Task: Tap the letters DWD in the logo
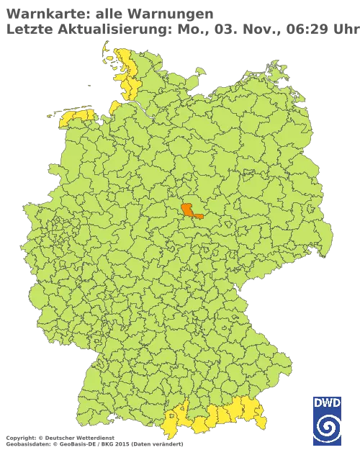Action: tap(327, 402)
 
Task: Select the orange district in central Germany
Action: tap(191, 210)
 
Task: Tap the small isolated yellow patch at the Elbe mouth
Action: tap(114, 107)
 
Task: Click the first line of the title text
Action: tap(108, 14)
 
